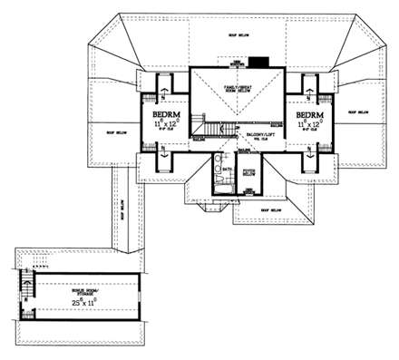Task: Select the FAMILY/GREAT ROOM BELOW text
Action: coord(241,89)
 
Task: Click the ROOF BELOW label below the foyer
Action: coord(272,209)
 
